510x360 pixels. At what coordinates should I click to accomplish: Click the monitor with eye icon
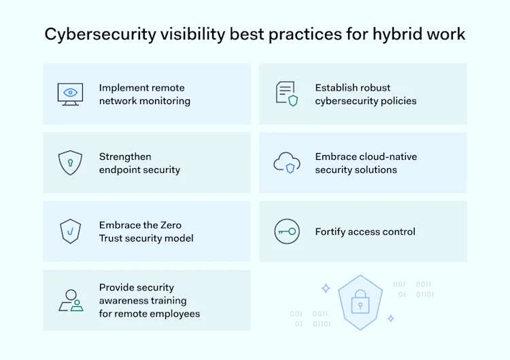[70, 94]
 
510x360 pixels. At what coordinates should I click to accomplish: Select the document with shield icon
[286, 93]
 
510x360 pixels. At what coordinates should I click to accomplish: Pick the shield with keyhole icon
[70, 163]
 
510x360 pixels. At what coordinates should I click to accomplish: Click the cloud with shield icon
[286, 163]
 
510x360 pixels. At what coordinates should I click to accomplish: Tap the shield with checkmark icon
[70, 231]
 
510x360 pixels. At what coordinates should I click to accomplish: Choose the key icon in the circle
[286, 231]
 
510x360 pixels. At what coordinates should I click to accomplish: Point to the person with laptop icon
[71, 300]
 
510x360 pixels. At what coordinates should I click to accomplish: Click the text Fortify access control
[365, 231]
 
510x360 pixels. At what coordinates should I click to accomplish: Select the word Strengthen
[125, 157]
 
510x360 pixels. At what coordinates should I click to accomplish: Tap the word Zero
[169, 225]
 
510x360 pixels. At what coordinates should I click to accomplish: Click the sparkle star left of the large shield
[326, 288]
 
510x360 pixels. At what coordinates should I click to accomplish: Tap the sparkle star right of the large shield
[390, 318]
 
